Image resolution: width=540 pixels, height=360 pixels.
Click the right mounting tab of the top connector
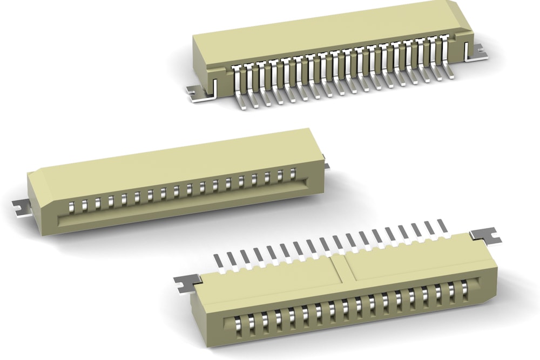[x=475, y=53]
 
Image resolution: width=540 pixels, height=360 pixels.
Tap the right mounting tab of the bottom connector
[x=485, y=235]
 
